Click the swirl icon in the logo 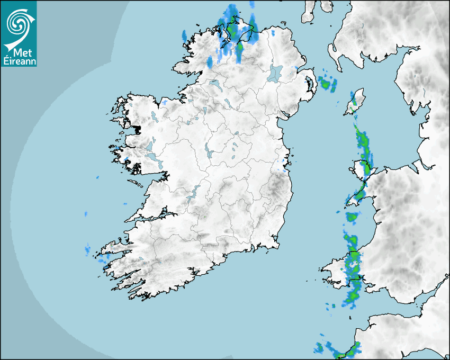18,23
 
